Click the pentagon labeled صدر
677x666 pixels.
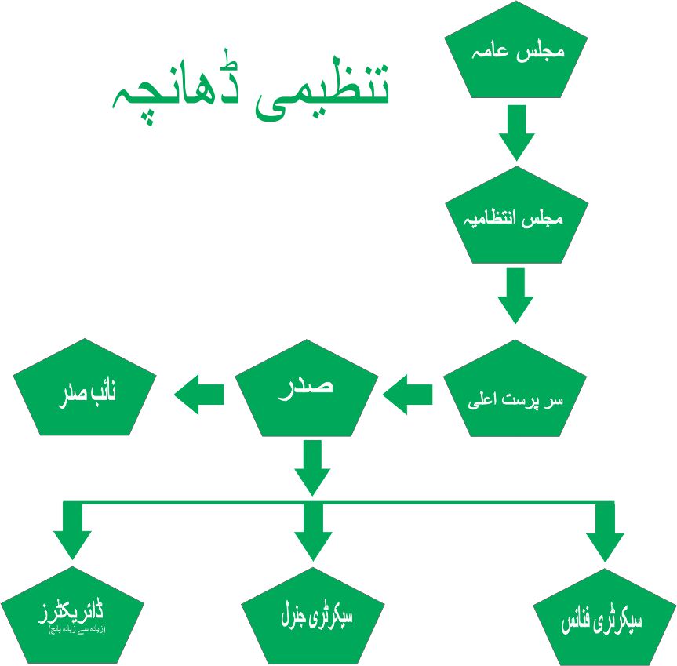(308, 392)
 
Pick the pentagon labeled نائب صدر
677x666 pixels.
(86, 392)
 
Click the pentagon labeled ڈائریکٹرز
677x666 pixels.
(72, 616)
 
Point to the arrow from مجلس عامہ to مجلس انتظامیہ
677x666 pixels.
(516, 132)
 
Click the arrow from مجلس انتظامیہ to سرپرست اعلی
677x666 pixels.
(515, 295)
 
